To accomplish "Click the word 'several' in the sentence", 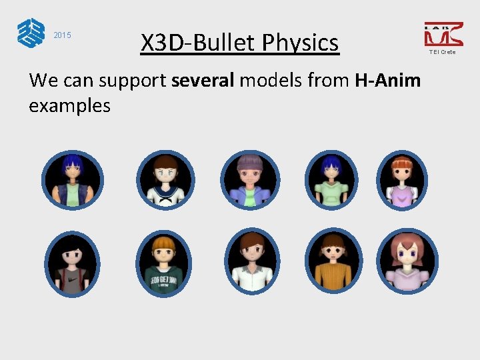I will point(203,81).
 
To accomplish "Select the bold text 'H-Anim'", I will point(387,81).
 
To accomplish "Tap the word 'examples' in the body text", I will point(69,105).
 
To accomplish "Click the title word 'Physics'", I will point(300,43).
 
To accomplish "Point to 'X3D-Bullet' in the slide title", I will point(198,43).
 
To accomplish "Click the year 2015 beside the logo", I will point(62,35).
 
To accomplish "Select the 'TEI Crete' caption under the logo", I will point(443,52).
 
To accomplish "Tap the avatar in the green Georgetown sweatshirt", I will point(164,263).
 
